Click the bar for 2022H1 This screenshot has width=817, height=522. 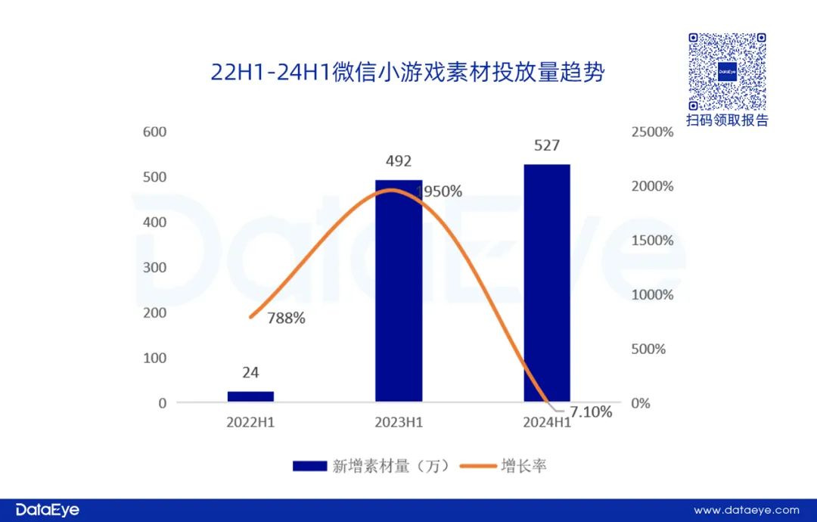250,396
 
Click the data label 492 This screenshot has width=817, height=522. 399,161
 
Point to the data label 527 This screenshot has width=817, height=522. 546,145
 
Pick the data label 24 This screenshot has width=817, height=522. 250,372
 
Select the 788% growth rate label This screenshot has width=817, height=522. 285,318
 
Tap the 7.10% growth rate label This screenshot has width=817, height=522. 592,412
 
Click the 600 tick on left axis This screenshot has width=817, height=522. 155,132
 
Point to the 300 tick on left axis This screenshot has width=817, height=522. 155,267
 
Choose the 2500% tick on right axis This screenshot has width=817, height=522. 651,132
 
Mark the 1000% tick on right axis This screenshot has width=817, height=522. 651,294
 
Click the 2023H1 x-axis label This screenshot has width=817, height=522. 399,422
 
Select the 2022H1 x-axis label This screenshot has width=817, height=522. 250,422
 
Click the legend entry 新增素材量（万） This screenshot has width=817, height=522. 371,466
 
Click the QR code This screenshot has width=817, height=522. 727,72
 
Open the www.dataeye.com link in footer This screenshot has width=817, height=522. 746,510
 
